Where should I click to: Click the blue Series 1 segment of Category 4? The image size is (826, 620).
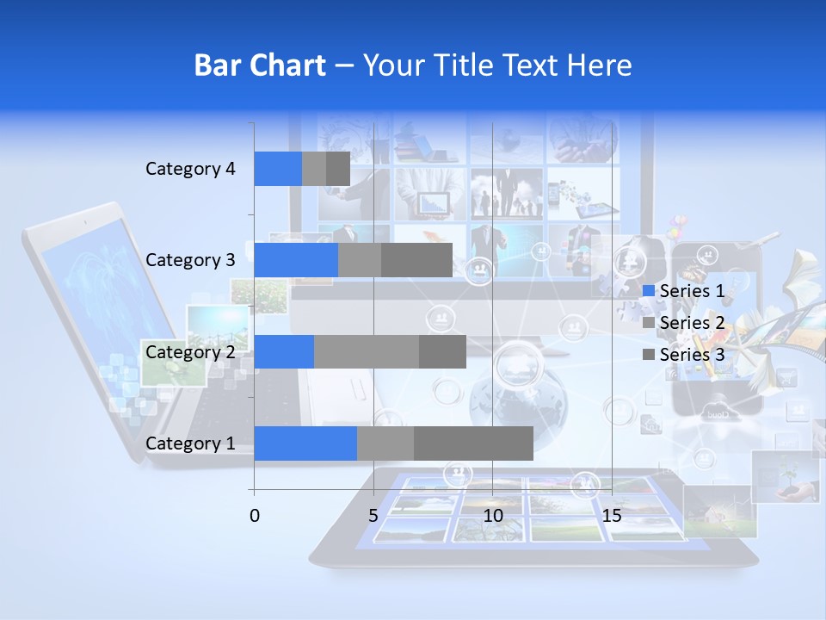coord(278,169)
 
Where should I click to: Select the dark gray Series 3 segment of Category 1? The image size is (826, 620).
coord(473,443)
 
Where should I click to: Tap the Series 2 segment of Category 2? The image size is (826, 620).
coord(367,352)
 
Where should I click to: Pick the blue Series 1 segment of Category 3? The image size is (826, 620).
coord(296,260)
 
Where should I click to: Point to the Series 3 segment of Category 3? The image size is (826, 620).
coord(416,260)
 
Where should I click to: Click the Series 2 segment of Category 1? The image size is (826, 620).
coord(385,443)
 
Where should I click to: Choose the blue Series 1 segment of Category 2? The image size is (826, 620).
coord(284,352)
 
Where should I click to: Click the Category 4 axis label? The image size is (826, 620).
coord(190,169)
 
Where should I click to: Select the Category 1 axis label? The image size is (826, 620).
coord(190,443)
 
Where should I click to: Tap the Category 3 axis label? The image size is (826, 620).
coord(190,260)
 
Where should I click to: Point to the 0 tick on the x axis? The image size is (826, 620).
coord(255,516)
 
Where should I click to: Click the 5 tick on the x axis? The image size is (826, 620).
coord(373,516)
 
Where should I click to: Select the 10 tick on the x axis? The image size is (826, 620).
coord(492,516)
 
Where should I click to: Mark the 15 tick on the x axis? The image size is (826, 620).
coord(612,516)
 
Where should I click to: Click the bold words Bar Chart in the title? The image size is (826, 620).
coord(260,65)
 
